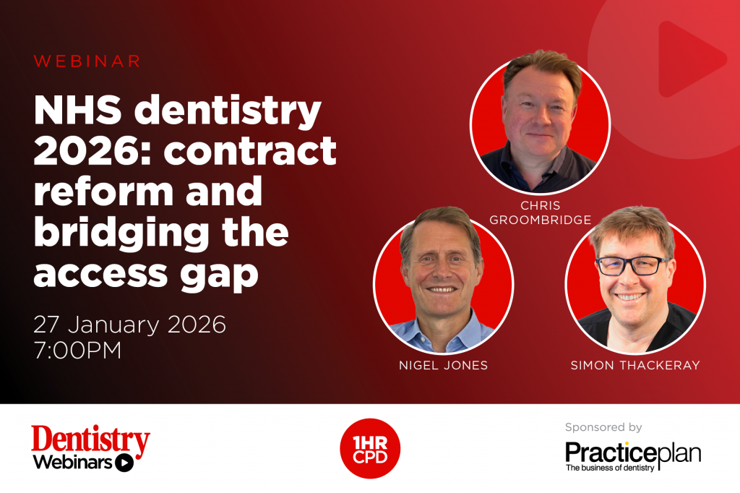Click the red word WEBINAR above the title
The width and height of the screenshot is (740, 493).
(87, 61)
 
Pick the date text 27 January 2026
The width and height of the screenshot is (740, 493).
(129, 324)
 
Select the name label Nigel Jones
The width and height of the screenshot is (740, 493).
(443, 365)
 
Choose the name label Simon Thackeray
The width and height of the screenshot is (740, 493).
(635, 365)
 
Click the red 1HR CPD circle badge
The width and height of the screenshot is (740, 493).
(370, 449)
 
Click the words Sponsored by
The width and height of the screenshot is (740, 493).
(603, 427)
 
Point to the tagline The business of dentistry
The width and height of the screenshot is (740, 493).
(611, 468)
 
